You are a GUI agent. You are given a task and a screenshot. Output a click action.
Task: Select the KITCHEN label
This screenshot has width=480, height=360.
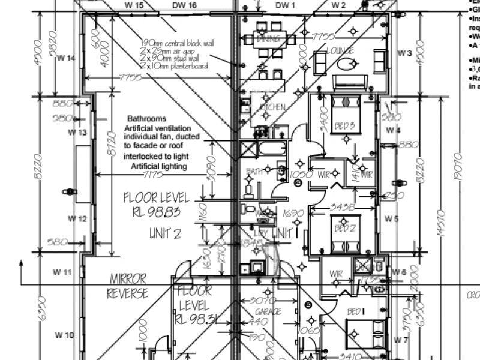click(271, 107)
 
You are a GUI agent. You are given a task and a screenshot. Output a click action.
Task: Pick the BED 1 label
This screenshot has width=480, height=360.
click(355, 311)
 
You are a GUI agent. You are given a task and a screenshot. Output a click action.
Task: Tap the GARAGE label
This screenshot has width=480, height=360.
click(268, 313)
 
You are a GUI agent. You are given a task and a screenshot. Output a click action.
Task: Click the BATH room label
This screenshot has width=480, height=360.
click(254, 171)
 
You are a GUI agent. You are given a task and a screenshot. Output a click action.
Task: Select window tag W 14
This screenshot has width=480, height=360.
click(66, 58)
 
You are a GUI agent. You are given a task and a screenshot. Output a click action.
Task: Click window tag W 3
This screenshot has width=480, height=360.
click(404, 54)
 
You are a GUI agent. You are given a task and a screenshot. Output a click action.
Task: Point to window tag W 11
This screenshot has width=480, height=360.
click(62, 272)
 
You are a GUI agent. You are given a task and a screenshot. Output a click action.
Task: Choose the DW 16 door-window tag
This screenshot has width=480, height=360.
click(184, 5)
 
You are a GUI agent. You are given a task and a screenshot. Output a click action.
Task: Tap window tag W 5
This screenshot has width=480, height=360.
click(392, 219)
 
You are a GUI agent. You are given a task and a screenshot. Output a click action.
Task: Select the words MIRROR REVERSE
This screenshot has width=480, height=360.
click(127, 286)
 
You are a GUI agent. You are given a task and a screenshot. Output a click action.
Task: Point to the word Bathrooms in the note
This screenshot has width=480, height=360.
click(147, 119)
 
